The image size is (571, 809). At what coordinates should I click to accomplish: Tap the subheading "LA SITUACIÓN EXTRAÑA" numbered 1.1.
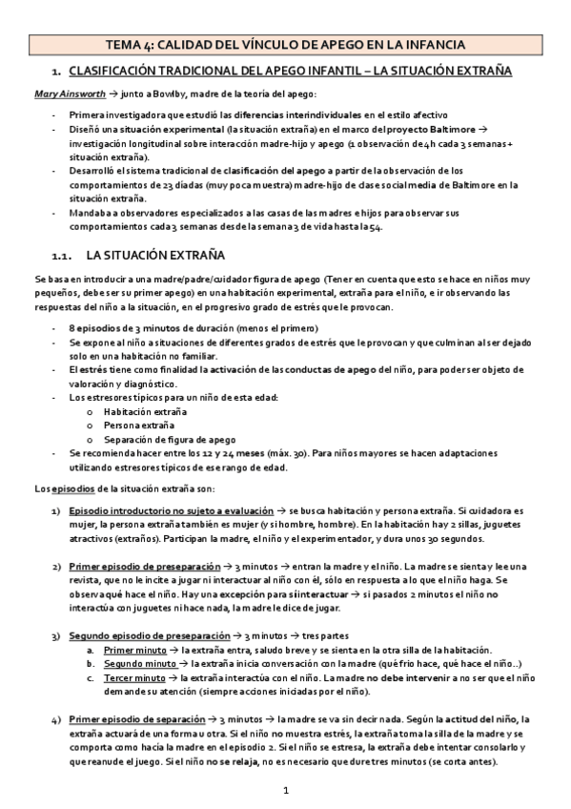pos(153,255)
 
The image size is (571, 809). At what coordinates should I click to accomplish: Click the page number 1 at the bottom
pos(285,791)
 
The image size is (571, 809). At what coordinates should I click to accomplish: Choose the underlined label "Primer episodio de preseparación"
pos(137,567)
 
